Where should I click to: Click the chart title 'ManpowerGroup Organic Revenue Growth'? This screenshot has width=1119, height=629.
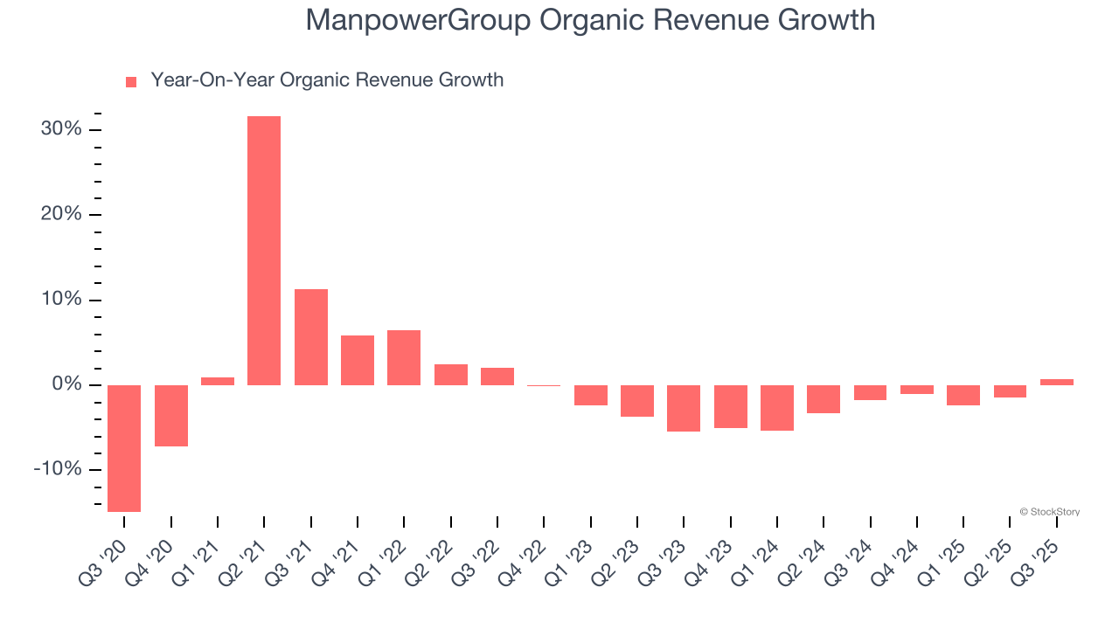[x=590, y=19]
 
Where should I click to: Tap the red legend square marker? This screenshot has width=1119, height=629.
[x=131, y=81]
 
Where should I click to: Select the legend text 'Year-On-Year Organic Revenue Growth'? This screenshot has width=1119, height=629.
[x=327, y=80]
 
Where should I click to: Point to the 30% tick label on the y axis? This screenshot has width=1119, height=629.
[x=61, y=129]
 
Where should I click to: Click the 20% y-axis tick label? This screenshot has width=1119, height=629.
[x=61, y=214]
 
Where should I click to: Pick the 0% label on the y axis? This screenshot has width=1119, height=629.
[x=66, y=385]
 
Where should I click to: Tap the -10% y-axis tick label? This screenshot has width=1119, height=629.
[x=58, y=470]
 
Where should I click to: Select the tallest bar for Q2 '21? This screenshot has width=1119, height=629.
[x=264, y=251]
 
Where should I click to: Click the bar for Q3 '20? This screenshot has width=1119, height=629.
[x=124, y=448]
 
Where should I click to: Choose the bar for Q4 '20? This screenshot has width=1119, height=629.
[x=171, y=416]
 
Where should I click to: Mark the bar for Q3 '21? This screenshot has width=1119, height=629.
[x=311, y=337]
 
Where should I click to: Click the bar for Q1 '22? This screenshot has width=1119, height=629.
[x=404, y=357]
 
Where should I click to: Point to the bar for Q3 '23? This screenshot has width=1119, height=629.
[x=684, y=408]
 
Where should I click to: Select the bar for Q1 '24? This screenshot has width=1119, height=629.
[x=777, y=408]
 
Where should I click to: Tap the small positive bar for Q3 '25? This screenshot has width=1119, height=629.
[x=1057, y=382]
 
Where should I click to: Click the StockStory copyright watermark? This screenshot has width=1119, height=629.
[x=1049, y=512]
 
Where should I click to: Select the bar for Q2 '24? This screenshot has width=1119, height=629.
[x=824, y=399]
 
